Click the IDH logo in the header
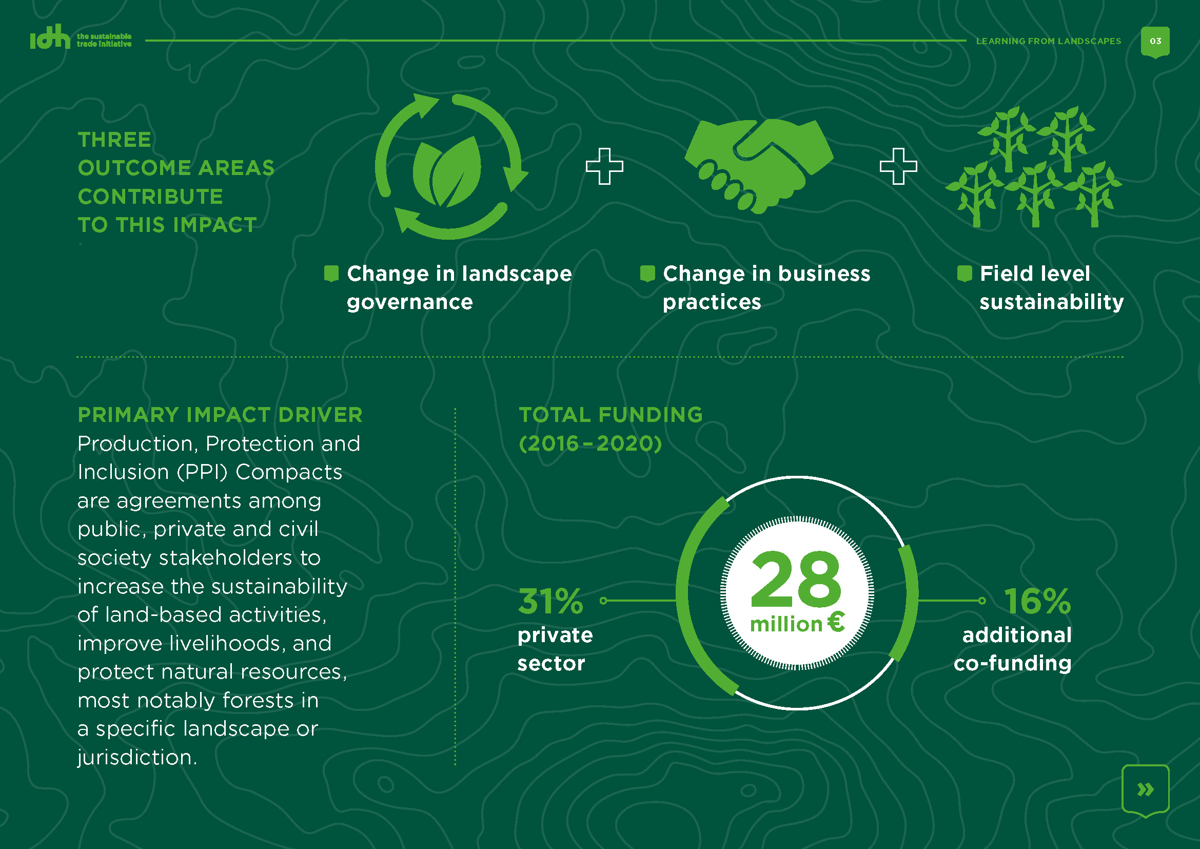tap(81, 37)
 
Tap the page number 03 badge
tap(1155, 42)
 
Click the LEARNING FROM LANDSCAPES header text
tap(1049, 41)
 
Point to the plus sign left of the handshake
tap(605, 166)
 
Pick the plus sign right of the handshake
tap(898, 166)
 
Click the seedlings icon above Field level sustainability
tap(1033, 167)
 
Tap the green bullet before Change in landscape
tap(331, 274)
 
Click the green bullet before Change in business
tap(647, 274)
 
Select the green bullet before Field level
tap(965, 274)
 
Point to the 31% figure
tap(550, 601)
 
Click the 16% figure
tap(1037, 601)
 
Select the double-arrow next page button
tap(1145, 789)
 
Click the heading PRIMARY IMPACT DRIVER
tap(220, 415)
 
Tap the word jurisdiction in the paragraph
tap(137, 758)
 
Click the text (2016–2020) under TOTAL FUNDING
tap(590, 444)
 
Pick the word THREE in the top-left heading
tap(114, 140)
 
